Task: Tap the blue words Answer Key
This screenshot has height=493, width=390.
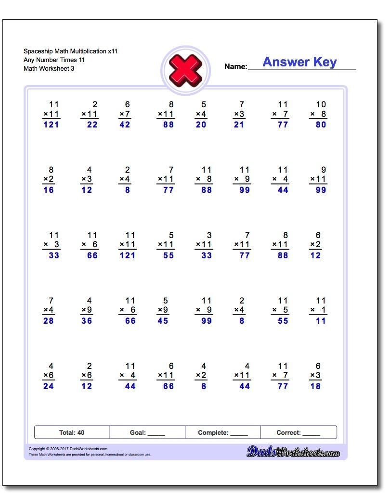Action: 299,62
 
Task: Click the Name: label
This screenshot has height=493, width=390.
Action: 235,67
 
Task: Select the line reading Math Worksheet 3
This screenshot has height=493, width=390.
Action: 49,68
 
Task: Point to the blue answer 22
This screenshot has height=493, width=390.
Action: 92,125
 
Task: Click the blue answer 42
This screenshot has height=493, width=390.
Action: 125,125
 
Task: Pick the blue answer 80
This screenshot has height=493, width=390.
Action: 321,125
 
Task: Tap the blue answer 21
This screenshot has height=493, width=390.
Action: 239,125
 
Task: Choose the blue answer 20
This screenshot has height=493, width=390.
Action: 201,125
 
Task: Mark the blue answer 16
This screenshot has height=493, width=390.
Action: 49,190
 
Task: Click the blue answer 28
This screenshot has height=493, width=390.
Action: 49,321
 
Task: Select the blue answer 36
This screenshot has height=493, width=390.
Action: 87,321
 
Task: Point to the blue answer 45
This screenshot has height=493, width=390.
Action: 163,321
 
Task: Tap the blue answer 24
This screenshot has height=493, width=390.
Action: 49,386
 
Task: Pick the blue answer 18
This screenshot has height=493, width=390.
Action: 315,386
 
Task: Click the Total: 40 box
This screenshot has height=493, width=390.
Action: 72,432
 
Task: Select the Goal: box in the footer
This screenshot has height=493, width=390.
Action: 147,432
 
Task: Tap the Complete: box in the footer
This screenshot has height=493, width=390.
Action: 223,432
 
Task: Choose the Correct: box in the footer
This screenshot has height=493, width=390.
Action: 299,432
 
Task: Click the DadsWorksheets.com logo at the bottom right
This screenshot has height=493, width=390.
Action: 293,452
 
